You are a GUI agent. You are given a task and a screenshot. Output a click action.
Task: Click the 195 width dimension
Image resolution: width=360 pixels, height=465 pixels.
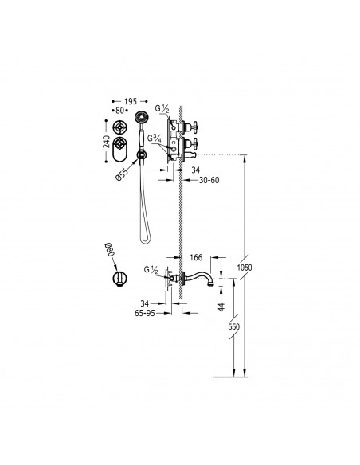pyautogui.click(x=131, y=101)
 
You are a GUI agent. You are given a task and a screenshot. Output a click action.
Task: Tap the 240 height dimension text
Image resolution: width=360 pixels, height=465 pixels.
pyautogui.click(x=106, y=141)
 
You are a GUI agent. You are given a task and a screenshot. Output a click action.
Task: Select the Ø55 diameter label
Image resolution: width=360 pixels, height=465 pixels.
pyautogui.click(x=121, y=174)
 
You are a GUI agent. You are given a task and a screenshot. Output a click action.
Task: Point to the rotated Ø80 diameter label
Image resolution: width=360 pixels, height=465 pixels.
pyautogui.click(x=110, y=249)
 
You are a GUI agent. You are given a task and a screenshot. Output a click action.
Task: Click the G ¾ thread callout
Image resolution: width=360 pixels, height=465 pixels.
pyautogui.click(x=155, y=139)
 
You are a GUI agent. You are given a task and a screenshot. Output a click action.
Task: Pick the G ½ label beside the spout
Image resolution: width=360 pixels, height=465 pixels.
pyautogui.click(x=151, y=270)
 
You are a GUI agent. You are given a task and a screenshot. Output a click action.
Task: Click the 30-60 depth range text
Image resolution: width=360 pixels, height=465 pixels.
pyautogui.click(x=209, y=180)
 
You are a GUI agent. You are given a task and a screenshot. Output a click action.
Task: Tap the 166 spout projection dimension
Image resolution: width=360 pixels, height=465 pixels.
pyautogui.click(x=196, y=257)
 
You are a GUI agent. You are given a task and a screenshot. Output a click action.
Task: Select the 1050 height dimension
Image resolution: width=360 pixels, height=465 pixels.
pyautogui.click(x=245, y=268)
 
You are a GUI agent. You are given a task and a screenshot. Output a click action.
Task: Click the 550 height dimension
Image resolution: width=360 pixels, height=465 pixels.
pyautogui.click(x=233, y=326)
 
